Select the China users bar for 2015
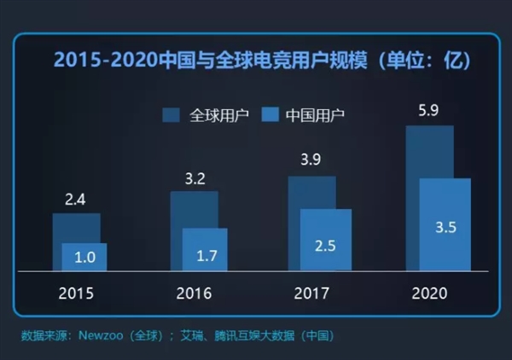[84, 257]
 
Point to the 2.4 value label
[75, 199]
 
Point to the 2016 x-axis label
[194, 293]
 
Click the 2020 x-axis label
[428, 293]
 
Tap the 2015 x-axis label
[76, 293]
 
